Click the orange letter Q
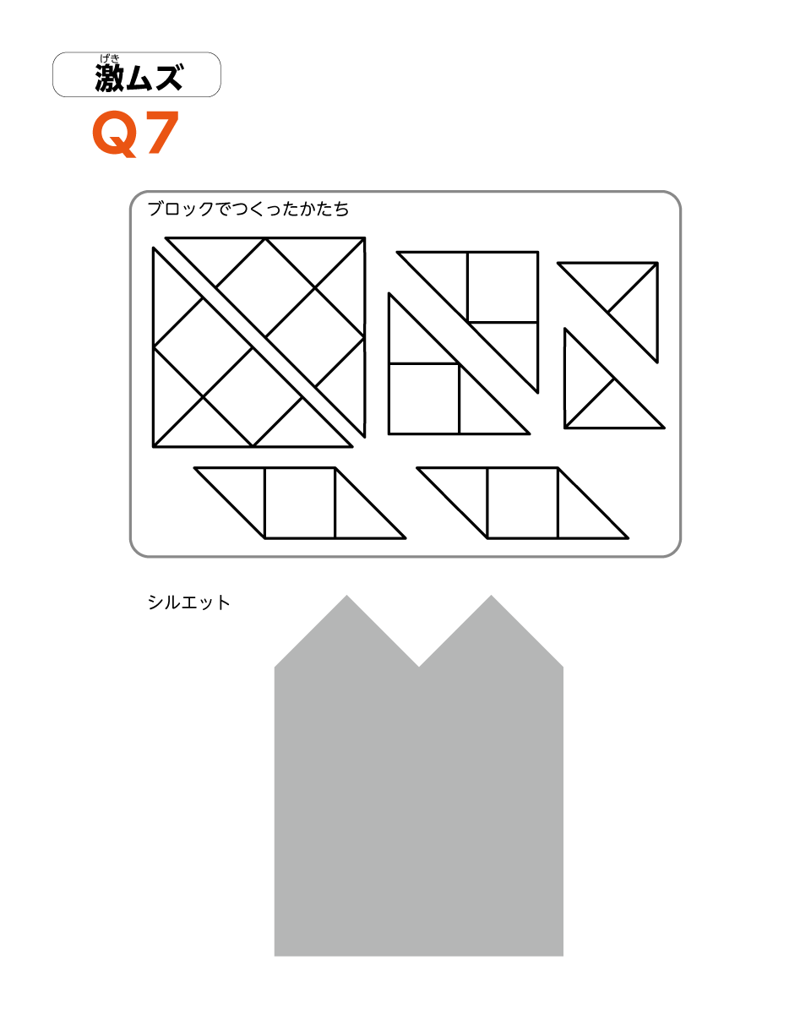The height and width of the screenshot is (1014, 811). pyautogui.click(x=115, y=133)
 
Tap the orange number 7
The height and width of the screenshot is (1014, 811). pyautogui.click(x=163, y=133)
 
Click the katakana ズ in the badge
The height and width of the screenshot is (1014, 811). pyautogui.click(x=169, y=77)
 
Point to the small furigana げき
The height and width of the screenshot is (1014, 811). pyautogui.click(x=110, y=58)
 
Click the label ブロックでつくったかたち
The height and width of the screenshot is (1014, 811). pyautogui.click(x=248, y=209)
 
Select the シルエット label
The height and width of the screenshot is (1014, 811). pyautogui.click(x=188, y=602)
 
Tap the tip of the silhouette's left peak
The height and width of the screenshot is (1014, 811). pyautogui.click(x=347, y=595)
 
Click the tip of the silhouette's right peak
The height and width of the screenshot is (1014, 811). pyautogui.click(x=491, y=595)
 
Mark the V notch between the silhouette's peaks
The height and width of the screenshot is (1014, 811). pyautogui.click(x=419, y=666)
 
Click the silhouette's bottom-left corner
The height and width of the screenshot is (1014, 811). pyautogui.click(x=275, y=956)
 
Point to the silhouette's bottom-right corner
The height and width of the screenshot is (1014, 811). pyautogui.click(x=563, y=956)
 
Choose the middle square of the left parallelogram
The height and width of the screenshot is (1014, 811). pyautogui.click(x=300, y=503)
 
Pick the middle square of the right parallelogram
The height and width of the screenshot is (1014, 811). pyautogui.click(x=523, y=503)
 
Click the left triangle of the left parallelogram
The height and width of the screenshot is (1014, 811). pyautogui.click(x=242, y=490)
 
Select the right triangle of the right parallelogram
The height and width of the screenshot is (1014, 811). pyautogui.click(x=581, y=515)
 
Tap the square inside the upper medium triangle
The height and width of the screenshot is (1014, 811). pyautogui.click(x=503, y=287)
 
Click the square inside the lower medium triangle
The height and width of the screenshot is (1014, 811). pyautogui.click(x=424, y=399)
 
